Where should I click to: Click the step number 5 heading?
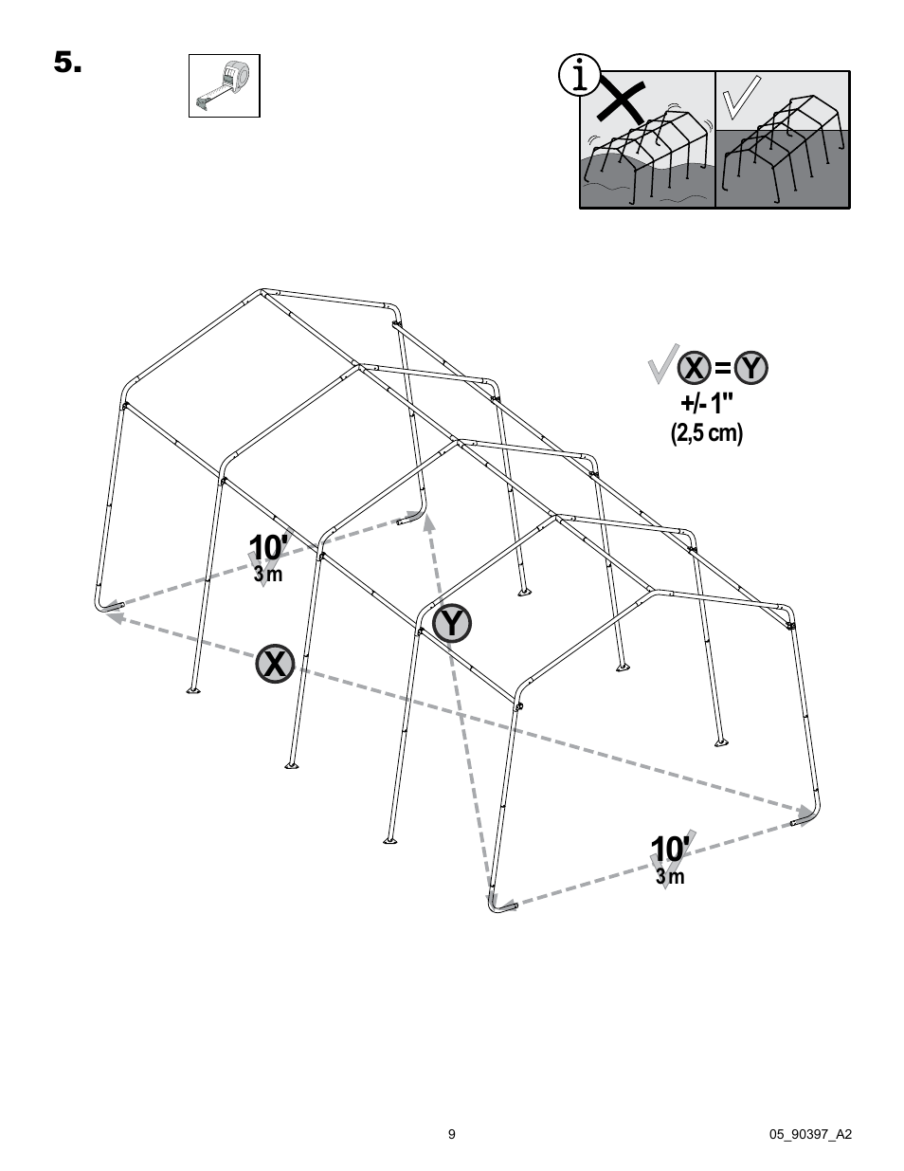click(x=67, y=64)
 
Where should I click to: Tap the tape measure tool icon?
click(x=224, y=85)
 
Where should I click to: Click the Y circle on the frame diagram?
click(x=452, y=623)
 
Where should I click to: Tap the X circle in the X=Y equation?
click(x=695, y=368)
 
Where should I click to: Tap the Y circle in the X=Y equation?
click(x=751, y=368)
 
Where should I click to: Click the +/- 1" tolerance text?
click(x=704, y=403)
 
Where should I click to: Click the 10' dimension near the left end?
click(x=268, y=548)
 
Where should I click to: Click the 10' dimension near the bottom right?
click(x=670, y=849)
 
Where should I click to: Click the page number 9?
click(x=452, y=1134)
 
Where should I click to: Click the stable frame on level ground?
click(x=782, y=147)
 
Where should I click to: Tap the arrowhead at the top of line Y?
click(x=428, y=521)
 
